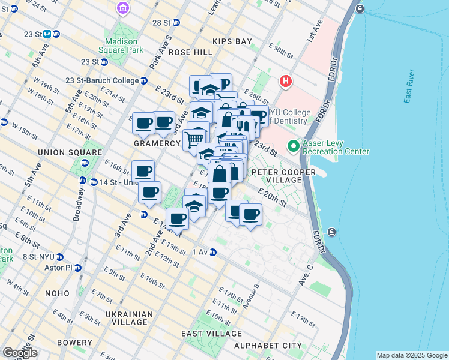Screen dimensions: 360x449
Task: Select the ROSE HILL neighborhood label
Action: (x=190, y=52)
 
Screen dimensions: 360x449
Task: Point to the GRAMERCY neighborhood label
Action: (x=157, y=144)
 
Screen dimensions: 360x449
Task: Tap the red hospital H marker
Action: (x=285, y=81)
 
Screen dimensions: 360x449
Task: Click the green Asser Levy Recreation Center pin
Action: (x=294, y=146)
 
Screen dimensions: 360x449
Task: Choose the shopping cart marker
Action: (x=193, y=139)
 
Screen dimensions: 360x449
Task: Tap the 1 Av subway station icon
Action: (x=213, y=253)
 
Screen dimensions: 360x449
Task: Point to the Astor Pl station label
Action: (x=62, y=268)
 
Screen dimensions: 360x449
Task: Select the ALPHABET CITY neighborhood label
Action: (x=259, y=346)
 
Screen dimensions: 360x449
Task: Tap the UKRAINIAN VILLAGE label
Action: (x=125, y=318)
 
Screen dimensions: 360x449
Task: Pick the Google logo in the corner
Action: (x=20, y=352)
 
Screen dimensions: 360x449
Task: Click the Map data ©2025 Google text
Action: (x=411, y=355)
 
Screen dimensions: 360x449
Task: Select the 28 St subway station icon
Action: (x=176, y=23)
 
